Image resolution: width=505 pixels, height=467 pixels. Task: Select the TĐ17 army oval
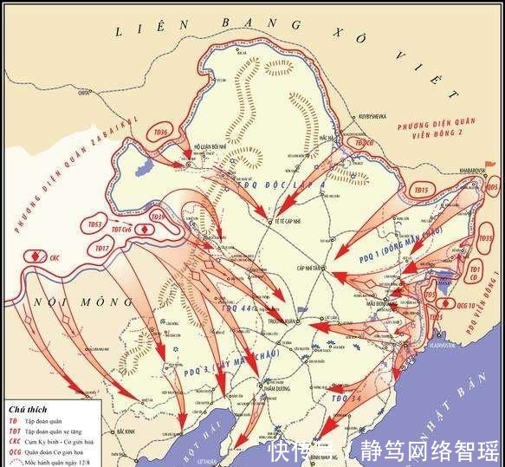tap(102, 249)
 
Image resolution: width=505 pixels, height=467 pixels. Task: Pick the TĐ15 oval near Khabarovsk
tap(422, 190)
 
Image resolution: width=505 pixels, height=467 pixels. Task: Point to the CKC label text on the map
tap(54, 257)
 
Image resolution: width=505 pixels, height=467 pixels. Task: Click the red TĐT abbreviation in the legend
tap(15, 429)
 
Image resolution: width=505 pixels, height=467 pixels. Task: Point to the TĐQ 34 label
tap(345, 398)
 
